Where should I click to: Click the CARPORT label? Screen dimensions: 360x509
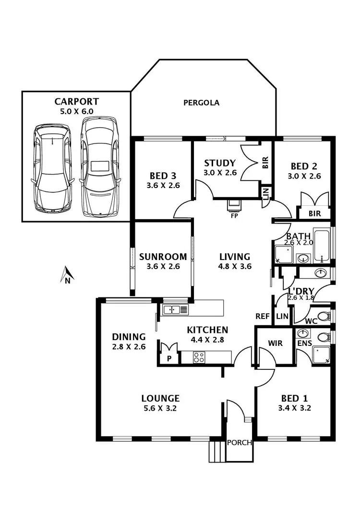[76, 102]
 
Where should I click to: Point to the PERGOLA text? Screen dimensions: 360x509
[201, 103]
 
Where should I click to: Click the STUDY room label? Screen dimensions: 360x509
[219, 163]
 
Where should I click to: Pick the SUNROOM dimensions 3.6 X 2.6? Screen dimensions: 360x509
[159, 267]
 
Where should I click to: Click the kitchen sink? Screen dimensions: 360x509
[175, 309]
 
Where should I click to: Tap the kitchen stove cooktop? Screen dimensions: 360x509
[199, 357]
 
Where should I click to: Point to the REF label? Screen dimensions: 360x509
[262, 316]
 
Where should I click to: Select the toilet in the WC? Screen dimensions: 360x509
[325, 317]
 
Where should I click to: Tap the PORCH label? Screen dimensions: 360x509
[239, 442]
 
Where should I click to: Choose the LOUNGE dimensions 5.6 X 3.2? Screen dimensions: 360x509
[160, 409]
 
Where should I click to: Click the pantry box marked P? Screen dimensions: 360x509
[169, 358]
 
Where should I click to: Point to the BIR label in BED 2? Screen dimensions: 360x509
[314, 213]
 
